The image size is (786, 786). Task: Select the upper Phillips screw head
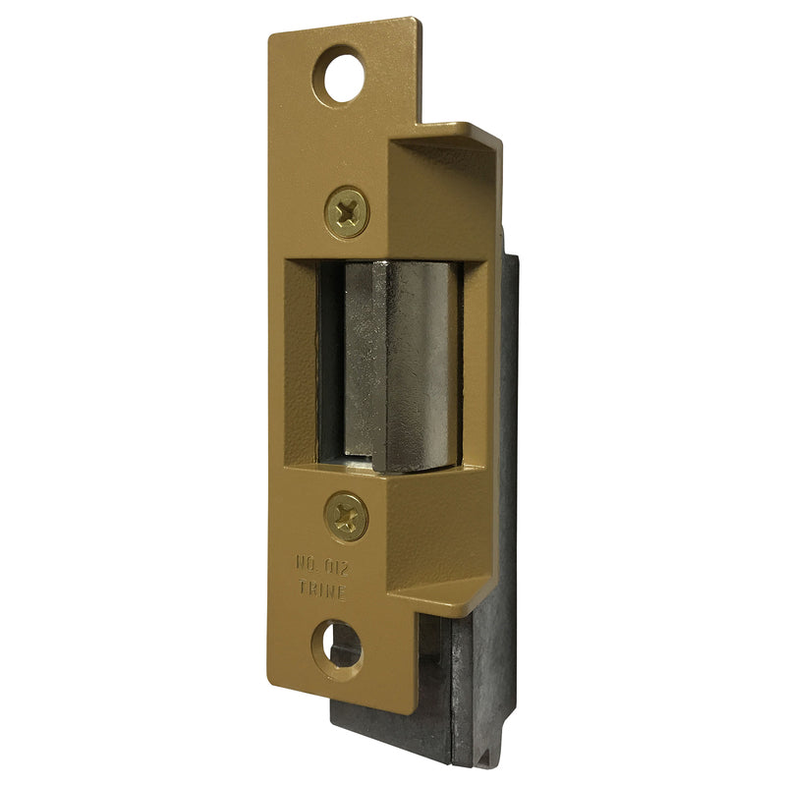point(347,212)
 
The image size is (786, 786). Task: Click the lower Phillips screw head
point(347,516)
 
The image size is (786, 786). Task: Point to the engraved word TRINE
point(323,590)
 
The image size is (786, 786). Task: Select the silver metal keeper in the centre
point(403,366)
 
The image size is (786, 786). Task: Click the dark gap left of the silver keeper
point(331,361)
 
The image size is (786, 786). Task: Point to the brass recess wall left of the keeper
point(301,362)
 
